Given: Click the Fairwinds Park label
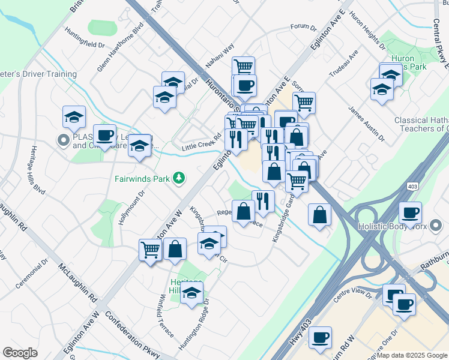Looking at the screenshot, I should [142, 178].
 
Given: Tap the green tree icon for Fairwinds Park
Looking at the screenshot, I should [178, 178].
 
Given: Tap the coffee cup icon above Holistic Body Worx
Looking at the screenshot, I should [411, 212].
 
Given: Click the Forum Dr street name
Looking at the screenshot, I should [303, 27].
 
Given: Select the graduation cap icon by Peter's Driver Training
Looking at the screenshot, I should [74, 116].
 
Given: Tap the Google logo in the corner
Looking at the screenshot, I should [20, 353].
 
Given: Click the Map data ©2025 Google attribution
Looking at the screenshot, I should [412, 355].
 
